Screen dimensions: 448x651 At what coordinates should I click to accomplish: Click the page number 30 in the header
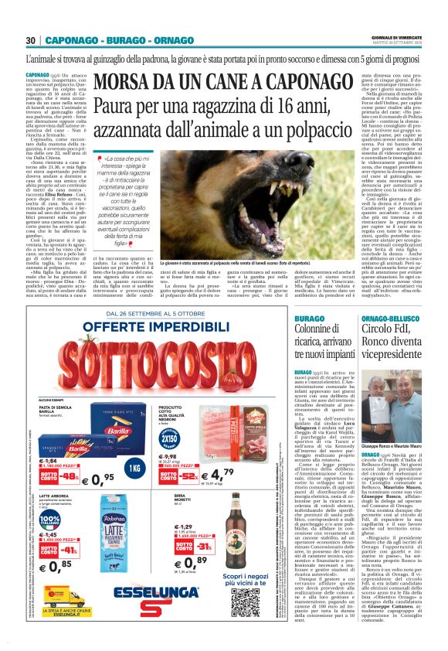32,40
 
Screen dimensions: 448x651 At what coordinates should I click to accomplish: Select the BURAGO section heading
310,319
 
